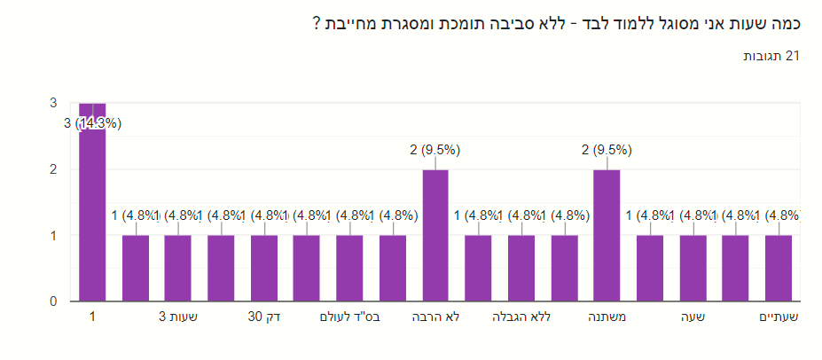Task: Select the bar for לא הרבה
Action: click(435, 235)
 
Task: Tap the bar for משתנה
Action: click(607, 235)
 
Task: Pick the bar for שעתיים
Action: click(779, 268)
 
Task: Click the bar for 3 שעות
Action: click(178, 268)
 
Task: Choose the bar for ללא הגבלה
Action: click(521, 268)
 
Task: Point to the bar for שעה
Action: click(693, 268)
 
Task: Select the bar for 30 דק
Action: click(264, 268)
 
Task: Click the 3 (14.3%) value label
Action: click(92, 123)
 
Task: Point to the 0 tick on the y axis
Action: click(53, 301)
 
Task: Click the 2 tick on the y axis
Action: click(53, 169)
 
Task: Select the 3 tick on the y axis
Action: click(53, 103)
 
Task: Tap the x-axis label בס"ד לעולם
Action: click(349, 317)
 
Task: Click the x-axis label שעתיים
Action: click(779, 317)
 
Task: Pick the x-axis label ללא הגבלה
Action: click(521, 317)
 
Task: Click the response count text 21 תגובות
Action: click(771, 56)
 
